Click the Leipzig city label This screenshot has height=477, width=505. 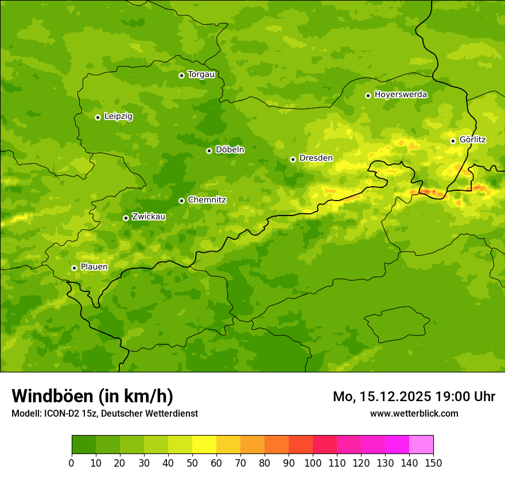(x=118, y=116)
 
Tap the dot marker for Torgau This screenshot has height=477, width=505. (x=181, y=75)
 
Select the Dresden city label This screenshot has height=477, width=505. (x=316, y=158)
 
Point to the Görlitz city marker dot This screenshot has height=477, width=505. (x=453, y=141)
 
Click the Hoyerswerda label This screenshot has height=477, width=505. (x=401, y=94)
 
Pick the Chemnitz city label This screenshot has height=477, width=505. (x=207, y=200)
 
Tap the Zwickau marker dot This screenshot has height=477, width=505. (x=126, y=218)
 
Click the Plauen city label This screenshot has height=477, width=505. (x=94, y=267)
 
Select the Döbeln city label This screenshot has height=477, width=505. (x=230, y=149)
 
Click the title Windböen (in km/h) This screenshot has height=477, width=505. (x=92, y=396)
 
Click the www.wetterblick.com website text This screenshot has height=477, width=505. (x=414, y=413)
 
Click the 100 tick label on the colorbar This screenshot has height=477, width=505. (x=313, y=463)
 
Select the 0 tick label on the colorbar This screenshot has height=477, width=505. (x=72, y=463)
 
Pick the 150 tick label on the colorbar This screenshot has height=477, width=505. (x=433, y=463)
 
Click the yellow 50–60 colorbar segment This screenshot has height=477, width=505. (x=204, y=445)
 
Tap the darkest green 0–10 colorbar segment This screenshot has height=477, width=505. (x=84, y=445)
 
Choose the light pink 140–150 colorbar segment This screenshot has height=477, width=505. (x=421, y=445)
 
